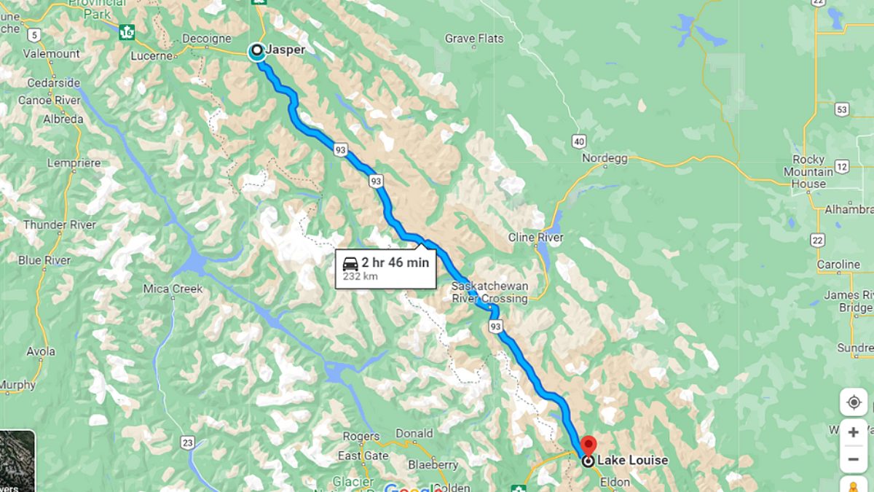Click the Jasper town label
pos(285,50)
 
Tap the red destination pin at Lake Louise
pos(588,445)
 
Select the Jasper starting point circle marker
pos(256,51)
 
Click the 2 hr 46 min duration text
pos(395,262)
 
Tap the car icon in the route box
pos(350,263)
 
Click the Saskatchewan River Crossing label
pos(489,292)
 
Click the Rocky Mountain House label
pos(808,171)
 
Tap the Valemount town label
pos(51,53)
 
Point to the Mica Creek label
pos(173,289)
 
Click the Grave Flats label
pos(474,38)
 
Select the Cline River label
pos(536,238)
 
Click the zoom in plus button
pos(854,433)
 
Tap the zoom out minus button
pos(854,459)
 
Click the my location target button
pos(854,402)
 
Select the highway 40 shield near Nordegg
pos(579,141)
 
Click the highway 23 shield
pos(189,442)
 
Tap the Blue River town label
pos(44,260)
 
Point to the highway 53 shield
pos(842,109)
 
